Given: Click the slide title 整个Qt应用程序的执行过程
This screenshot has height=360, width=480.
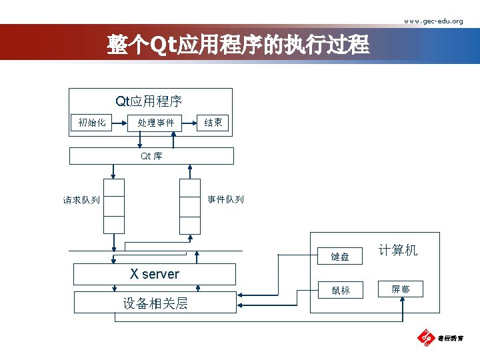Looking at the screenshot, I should coord(238,45).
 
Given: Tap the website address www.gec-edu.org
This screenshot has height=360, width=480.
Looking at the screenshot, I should coord(433,21).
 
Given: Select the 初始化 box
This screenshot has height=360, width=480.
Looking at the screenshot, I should coord(91,122).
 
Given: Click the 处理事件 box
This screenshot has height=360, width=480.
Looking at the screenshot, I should coord(155,122).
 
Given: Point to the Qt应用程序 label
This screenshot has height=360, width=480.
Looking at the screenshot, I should coord(149,101).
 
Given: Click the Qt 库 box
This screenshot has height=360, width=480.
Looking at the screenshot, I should coord(152,156).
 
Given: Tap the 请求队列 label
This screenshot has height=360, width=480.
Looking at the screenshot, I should coord(81,199).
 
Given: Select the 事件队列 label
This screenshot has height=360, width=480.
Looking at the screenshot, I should coord(225,199).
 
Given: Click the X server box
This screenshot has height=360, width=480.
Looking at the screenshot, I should coord(154,274).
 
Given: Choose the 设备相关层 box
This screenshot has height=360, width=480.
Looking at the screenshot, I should coord(154,303).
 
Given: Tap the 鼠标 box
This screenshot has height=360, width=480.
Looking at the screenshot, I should coord(340,290).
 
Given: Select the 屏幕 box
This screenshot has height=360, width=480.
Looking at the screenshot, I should coord(401,289).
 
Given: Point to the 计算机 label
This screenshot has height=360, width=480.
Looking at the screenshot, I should coord(398,250).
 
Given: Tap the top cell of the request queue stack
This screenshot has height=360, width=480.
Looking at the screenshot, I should coord(113,189).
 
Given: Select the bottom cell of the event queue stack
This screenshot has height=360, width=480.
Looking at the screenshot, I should coord(190,225).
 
